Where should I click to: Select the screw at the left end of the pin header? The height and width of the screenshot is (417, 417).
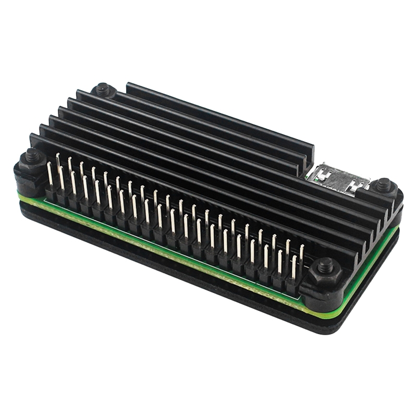tap(32, 156)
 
